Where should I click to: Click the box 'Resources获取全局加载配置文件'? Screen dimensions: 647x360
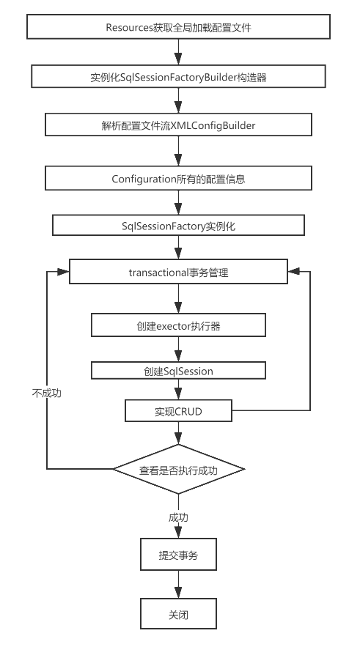(178, 28)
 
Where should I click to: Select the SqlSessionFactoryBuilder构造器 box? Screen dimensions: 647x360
(178, 77)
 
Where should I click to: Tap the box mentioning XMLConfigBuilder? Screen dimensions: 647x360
(178, 125)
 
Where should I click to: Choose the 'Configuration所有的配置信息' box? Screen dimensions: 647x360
(178, 178)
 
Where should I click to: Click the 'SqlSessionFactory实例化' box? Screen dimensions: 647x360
(178, 226)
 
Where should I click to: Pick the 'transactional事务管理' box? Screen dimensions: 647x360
(178, 273)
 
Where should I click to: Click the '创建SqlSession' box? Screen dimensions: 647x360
(178, 371)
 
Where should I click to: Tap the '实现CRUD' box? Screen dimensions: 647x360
(178, 412)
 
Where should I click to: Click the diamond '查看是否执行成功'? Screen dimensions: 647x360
(178, 469)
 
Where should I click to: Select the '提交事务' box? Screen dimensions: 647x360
(178, 555)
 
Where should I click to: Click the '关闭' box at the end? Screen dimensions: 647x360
(178, 614)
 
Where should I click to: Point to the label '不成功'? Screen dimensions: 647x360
(47, 393)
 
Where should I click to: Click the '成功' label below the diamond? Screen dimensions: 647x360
(178, 517)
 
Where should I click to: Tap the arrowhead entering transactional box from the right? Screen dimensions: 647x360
(293, 270)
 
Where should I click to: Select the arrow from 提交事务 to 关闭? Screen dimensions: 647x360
(178, 586)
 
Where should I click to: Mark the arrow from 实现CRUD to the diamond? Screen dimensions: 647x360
(178, 434)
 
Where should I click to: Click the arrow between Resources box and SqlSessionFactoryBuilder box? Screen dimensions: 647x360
(178, 52)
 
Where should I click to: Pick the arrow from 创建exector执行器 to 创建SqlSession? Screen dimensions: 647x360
(178, 349)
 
